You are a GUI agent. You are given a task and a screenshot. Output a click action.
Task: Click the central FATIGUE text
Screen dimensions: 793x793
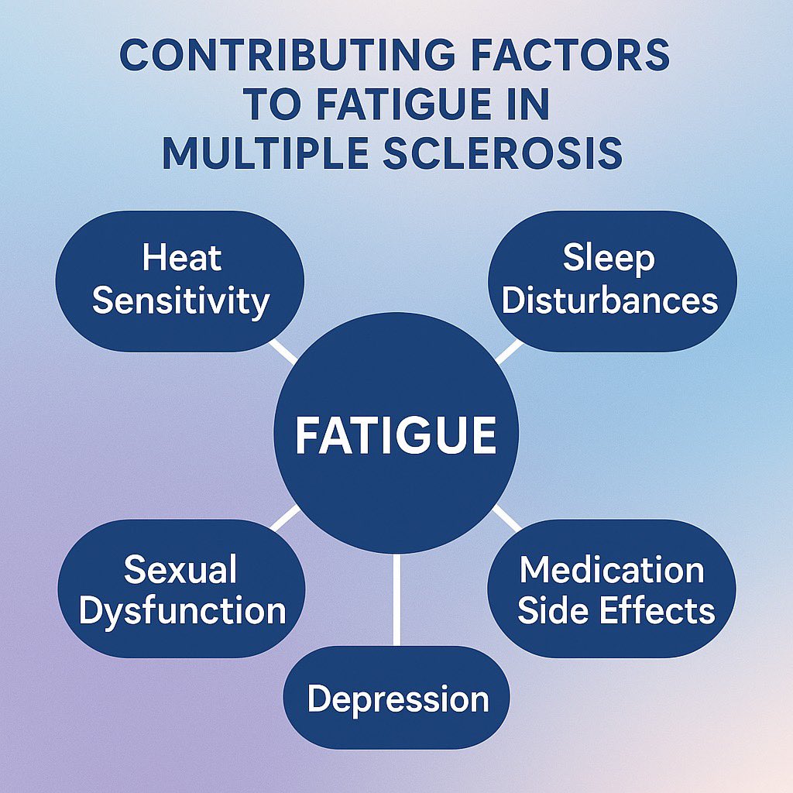coord(396,435)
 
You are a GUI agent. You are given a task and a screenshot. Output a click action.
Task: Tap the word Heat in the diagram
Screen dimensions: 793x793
coord(182,258)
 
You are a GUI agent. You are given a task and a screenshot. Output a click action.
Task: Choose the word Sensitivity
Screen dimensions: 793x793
coord(180,300)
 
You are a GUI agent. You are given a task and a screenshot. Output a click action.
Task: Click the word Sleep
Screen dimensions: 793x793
coord(609,258)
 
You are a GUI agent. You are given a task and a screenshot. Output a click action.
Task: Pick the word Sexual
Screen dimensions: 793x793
coord(180,569)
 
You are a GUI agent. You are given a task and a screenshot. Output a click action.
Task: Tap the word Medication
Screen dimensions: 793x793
coord(612,570)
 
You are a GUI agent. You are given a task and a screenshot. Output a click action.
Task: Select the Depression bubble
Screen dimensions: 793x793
coord(396,698)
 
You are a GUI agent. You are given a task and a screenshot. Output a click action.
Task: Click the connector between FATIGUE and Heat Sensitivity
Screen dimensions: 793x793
coord(284,351)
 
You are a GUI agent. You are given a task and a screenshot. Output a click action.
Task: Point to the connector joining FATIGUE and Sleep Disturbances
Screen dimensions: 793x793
coord(508,351)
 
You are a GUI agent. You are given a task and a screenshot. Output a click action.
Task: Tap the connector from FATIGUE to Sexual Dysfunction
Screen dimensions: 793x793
coord(285,518)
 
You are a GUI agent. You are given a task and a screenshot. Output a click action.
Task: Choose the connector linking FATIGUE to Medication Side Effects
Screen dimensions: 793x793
coord(507,517)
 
